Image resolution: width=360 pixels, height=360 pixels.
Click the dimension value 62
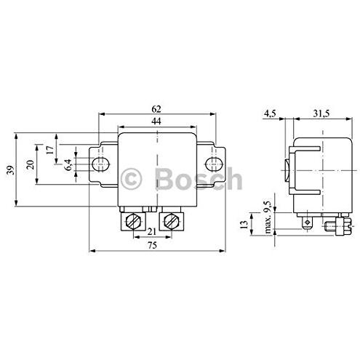coord(156,109)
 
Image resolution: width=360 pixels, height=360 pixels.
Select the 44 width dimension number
coord(156,121)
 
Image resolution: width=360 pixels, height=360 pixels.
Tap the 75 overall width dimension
coord(152,245)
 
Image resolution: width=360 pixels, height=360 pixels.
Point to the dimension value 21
coord(152,232)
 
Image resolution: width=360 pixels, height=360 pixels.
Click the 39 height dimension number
coord(10,170)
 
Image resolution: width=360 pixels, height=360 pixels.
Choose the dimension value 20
coord(31,164)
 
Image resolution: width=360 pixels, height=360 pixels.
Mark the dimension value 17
coord(50,150)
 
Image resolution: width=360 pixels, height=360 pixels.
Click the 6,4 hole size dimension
coord(68,164)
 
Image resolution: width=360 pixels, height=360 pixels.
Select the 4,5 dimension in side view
coord(271,113)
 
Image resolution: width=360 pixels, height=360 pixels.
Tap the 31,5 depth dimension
coord(321,113)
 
